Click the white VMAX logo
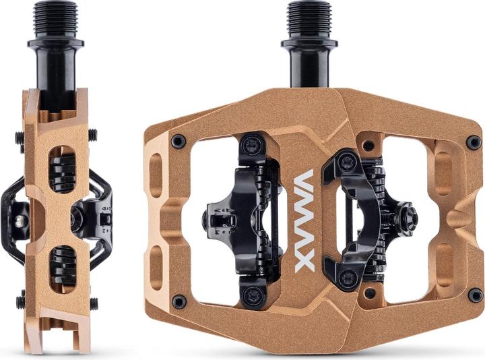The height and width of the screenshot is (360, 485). [304, 220]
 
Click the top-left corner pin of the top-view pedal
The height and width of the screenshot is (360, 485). [179, 141]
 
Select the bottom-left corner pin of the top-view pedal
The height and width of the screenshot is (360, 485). [179, 301]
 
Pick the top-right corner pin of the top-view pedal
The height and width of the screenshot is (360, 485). [474, 142]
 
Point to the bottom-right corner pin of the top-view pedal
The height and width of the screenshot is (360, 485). [475, 295]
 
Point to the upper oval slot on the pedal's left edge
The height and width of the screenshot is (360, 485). [157, 175]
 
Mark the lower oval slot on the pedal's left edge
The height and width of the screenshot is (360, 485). [157, 267]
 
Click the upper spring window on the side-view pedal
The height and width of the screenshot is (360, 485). [62, 169]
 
